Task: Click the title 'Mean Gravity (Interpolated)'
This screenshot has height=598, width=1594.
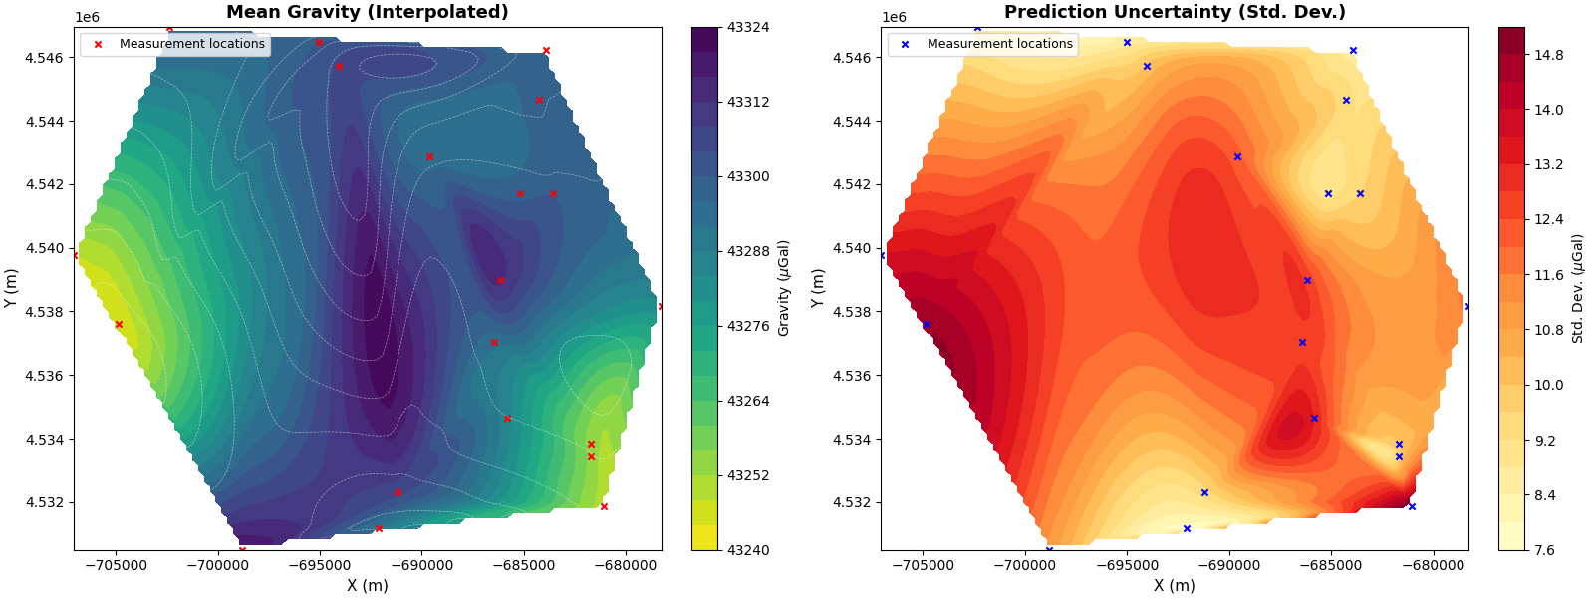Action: click(x=367, y=12)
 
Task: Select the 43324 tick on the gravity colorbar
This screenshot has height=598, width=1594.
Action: click(x=747, y=27)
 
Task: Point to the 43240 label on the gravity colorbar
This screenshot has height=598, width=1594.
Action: click(x=747, y=550)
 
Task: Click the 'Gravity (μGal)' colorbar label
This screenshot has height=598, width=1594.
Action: click(x=784, y=288)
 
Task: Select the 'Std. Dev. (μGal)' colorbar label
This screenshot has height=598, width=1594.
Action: click(x=1577, y=288)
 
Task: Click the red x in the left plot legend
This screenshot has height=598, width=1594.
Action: click(x=98, y=44)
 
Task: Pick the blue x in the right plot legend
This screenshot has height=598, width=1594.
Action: click(x=905, y=44)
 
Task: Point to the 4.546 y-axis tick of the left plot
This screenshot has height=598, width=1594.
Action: click(x=44, y=58)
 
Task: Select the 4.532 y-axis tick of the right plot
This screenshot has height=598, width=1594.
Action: click(x=852, y=502)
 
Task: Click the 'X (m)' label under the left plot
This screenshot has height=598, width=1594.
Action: click(x=367, y=585)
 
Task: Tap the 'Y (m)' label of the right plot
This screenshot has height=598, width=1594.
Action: click(x=818, y=288)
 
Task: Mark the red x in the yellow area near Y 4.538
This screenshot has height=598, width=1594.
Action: click(x=119, y=324)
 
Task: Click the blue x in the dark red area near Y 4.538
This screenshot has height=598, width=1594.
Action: click(x=927, y=324)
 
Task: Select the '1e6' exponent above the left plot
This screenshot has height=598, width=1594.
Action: click(x=87, y=17)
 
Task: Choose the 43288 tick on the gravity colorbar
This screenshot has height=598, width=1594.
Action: click(x=747, y=251)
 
